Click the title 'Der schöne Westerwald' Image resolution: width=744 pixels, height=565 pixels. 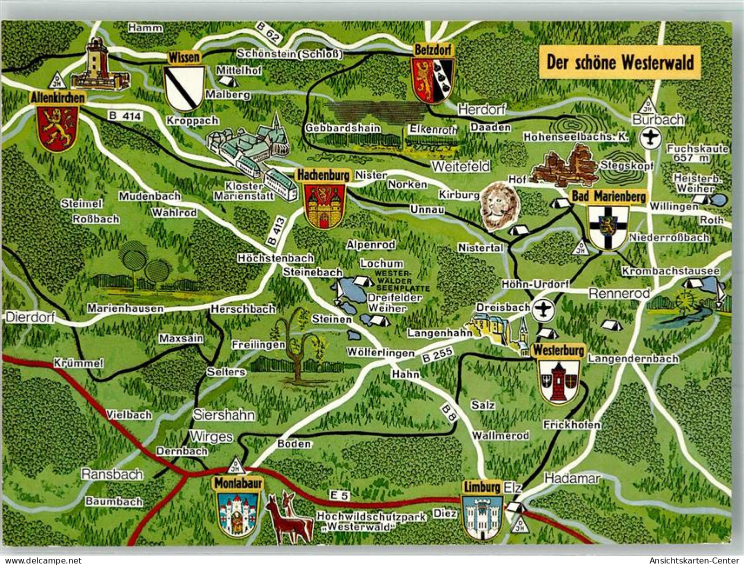point(620,63)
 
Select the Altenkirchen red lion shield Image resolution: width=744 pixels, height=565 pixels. point(57,128)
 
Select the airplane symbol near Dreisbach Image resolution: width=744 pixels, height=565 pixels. point(542,310)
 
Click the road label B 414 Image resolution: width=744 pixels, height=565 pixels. point(125,116)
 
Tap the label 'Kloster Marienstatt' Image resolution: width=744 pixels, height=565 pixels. point(244,191)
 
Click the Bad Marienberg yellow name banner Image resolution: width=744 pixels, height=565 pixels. point(609,197)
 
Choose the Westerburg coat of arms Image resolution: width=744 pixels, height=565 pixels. point(559,381)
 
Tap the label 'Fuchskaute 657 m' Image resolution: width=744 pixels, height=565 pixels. point(697,153)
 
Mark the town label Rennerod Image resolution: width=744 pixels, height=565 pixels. point(619,293)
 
